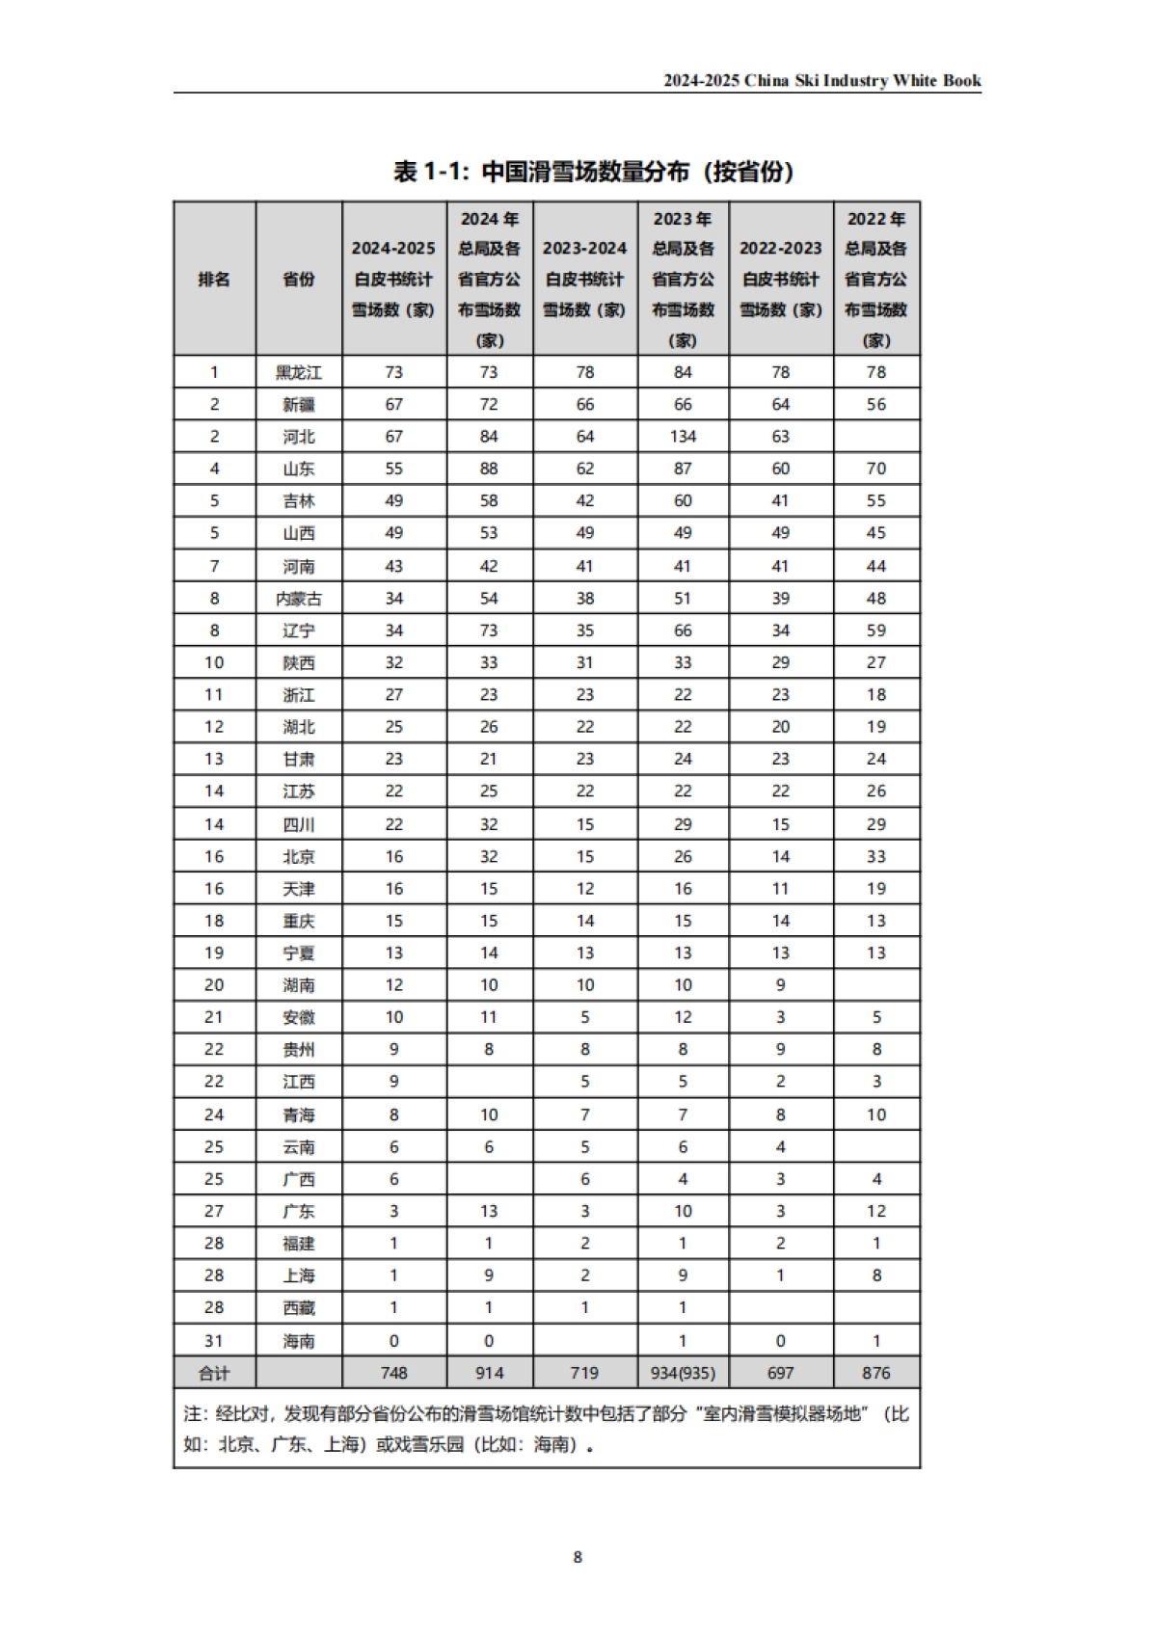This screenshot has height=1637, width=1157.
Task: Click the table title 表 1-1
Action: [594, 173]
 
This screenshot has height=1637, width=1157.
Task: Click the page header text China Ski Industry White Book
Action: [821, 81]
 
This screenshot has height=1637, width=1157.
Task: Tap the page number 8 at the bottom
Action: [578, 1557]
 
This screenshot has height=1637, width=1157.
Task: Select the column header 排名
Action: [214, 280]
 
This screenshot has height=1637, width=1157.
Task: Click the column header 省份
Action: [299, 280]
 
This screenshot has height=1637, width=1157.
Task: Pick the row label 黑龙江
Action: [299, 372]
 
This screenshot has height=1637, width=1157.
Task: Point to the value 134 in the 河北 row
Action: [683, 437]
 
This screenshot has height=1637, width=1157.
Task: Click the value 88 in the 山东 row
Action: [489, 469]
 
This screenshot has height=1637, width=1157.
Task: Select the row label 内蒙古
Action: [299, 599]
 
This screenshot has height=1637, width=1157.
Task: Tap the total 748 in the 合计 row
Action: [393, 1373]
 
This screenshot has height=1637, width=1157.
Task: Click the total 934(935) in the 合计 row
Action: [683, 1373]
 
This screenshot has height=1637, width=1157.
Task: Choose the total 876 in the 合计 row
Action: [875, 1373]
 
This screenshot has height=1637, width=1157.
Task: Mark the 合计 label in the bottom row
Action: [214, 1373]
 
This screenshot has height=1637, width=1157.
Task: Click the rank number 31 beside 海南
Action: [214, 1341]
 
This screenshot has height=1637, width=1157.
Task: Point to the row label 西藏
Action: [299, 1308]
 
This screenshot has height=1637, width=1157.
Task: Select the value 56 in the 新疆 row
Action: [875, 405]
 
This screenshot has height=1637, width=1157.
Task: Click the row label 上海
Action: [299, 1275]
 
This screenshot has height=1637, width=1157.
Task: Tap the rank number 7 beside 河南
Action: [214, 566]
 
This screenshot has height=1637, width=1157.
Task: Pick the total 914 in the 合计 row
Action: [489, 1373]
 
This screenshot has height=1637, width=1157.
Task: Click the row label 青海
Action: [299, 1114]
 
